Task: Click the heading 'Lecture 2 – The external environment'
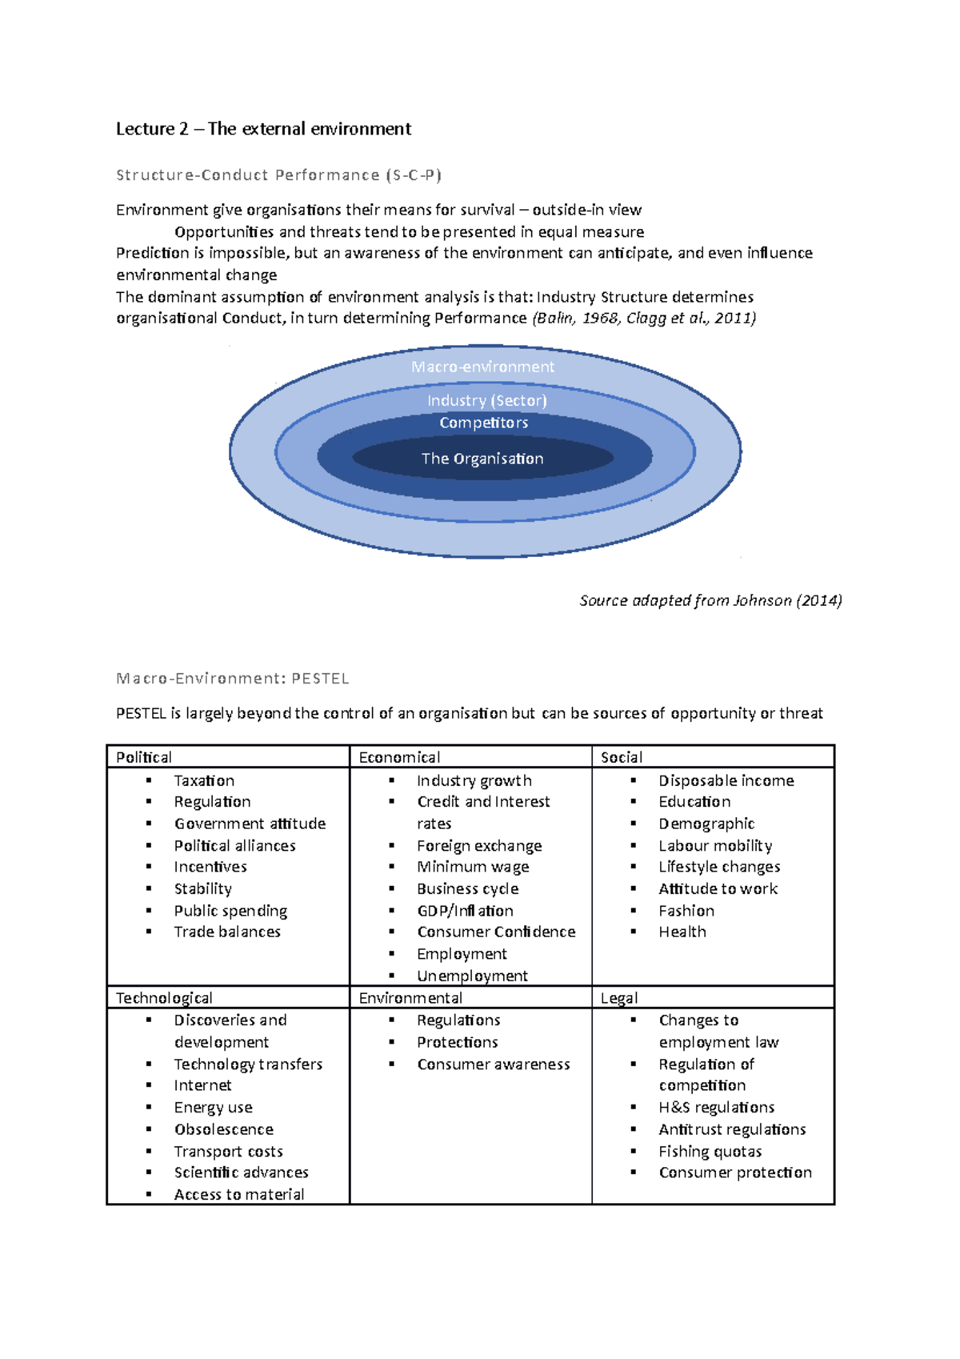[263, 129]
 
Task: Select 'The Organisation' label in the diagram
[482, 459]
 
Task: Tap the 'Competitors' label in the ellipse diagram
[483, 423]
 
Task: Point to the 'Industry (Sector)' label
[486, 400]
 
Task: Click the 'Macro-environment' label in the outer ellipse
[482, 367]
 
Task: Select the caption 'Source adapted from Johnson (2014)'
[710, 600]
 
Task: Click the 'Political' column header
[144, 757]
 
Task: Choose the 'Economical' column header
[399, 757]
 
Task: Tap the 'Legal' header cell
[619, 998]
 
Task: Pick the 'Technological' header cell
[164, 998]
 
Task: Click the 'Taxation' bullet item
[204, 780]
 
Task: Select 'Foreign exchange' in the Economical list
[479, 846]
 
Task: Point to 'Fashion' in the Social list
[686, 911]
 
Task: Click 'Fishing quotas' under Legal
[710, 1152]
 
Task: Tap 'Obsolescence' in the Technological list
[224, 1129]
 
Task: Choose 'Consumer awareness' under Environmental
[493, 1064]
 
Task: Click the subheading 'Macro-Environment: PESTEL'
[233, 679]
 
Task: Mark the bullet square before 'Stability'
[149, 888]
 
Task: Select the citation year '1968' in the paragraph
[600, 319]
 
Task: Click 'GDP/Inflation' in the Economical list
[465, 911]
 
